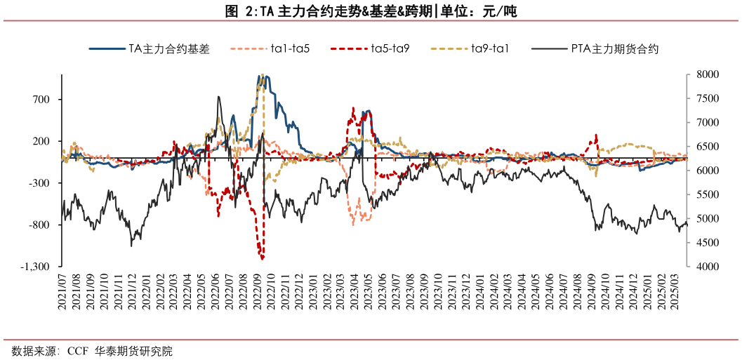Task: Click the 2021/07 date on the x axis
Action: [62, 293]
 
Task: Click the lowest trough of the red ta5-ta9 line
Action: [262, 258]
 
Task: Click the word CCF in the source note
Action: [77, 352]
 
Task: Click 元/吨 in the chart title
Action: [503, 13]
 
